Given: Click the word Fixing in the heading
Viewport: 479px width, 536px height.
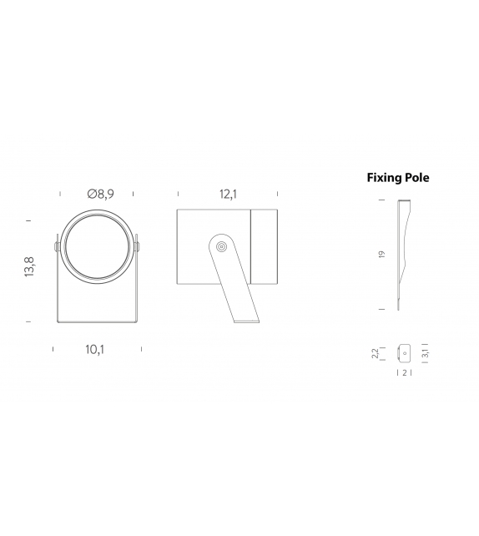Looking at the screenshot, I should (x=385, y=178).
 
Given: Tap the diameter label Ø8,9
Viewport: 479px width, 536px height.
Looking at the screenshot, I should (x=99, y=194).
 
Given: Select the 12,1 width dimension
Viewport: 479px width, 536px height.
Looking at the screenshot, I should (x=228, y=194).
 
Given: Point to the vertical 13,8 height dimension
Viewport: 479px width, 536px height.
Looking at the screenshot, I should (x=28, y=271).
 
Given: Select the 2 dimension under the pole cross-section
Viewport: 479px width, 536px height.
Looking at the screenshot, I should (x=405, y=372).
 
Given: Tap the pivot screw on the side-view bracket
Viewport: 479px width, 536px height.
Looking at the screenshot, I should (x=220, y=247).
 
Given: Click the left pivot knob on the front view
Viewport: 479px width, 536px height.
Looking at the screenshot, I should (x=56, y=247).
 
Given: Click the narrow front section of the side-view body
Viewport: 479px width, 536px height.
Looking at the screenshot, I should (x=265, y=247).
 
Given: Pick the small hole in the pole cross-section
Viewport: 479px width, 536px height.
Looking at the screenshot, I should (x=405, y=352).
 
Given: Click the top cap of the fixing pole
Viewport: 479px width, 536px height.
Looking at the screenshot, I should (x=405, y=201).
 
